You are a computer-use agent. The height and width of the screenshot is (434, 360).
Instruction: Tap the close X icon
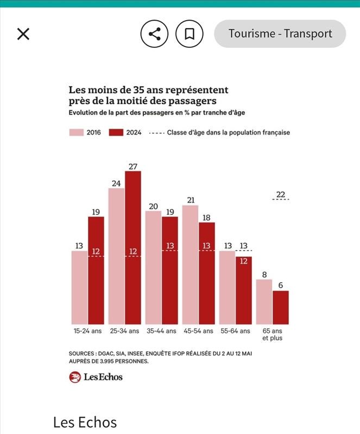(x=23, y=34)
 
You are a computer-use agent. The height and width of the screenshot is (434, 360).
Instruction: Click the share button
(x=154, y=34)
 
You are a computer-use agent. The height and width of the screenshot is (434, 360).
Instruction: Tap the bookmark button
(x=190, y=34)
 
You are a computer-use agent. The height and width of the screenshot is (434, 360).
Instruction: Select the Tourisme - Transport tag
(x=280, y=34)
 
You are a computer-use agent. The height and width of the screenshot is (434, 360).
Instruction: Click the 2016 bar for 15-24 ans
(x=79, y=288)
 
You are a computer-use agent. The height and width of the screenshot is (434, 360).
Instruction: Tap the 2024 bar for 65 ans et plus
(x=281, y=308)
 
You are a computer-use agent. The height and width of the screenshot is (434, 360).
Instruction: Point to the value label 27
(x=133, y=166)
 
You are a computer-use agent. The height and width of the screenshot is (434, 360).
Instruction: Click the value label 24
(x=116, y=183)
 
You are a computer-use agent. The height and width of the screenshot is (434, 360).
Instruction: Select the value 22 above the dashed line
(x=281, y=195)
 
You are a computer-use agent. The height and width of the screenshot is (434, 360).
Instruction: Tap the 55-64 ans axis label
(x=235, y=331)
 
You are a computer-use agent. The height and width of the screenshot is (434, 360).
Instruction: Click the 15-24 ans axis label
(x=87, y=331)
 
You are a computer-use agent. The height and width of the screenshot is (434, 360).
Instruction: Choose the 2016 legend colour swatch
(x=76, y=132)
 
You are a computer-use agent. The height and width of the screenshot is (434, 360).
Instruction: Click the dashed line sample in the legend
(x=156, y=132)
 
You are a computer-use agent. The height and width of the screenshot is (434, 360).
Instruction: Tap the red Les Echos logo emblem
(x=75, y=377)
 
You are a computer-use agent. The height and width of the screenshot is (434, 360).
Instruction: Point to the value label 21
(x=190, y=200)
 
